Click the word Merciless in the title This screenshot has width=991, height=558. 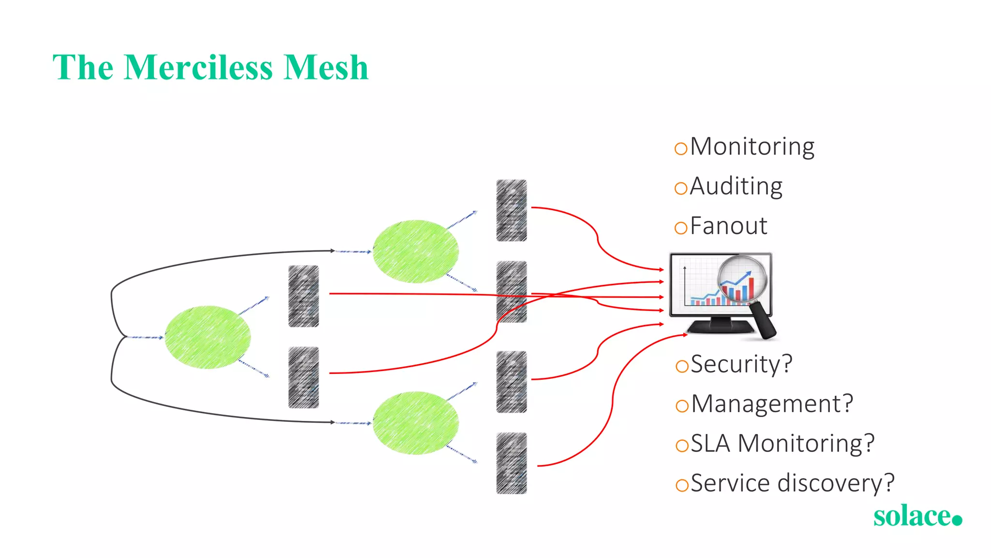point(198,68)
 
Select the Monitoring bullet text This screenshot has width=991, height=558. point(752,147)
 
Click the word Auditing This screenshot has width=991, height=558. point(736,186)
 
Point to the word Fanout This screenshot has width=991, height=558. point(728,226)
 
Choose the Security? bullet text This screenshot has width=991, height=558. point(741,364)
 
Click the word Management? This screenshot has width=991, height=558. point(772,404)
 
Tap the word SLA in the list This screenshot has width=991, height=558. point(710,444)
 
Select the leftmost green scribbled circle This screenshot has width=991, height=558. point(208,337)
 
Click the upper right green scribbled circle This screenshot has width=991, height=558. point(416,251)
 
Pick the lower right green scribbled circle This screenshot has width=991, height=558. point(416,423)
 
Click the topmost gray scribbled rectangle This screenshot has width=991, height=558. point(511,210)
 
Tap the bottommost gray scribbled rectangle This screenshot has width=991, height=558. point(511,463)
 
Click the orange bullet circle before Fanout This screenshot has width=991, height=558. point(681,228)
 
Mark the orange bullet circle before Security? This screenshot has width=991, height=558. point(682,366)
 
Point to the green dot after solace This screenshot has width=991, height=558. point(957,520)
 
